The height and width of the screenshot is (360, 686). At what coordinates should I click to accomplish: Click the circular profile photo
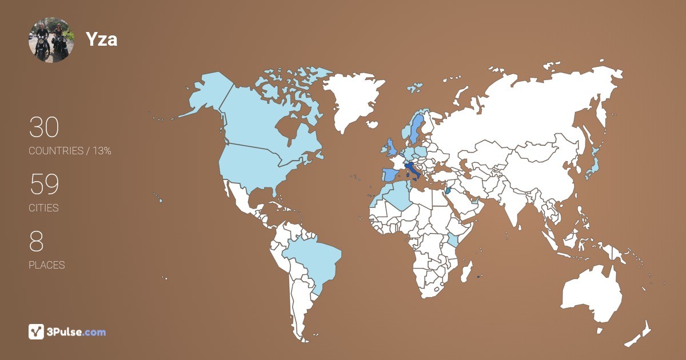[51, 39]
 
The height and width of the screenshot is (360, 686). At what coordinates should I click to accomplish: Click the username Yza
[101, 39]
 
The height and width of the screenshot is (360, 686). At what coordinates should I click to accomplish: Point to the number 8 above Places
[36, 242]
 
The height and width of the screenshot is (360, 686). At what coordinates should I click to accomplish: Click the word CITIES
[43, 208]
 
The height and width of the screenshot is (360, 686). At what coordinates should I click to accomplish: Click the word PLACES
[46, 265]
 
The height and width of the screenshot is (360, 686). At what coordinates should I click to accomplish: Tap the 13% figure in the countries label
[102, 151]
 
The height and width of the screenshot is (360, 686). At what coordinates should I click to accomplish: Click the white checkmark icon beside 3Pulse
[36, 331]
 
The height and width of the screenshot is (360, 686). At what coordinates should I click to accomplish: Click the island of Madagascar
[466, 269]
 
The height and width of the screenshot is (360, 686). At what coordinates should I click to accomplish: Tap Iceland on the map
[415, 88]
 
